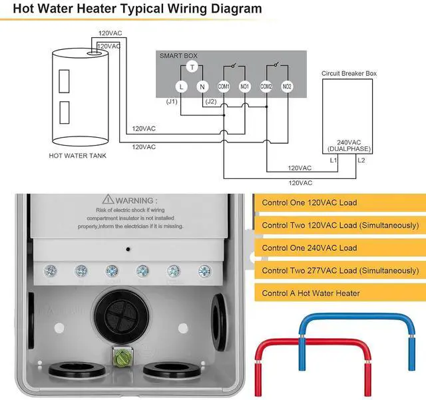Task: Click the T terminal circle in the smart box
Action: (x=192, y=67)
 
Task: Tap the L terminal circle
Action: (x=181, y=87)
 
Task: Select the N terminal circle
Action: (x=202, y=87)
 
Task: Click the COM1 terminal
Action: (x=224, y=87)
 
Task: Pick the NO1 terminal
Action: (x=244, y=87)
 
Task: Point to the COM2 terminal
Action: (x=266, y=87)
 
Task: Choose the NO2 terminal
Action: (x=287, y=87)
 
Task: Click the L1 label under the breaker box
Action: (x=333, y=160)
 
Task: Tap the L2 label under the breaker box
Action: (x=361, y=160)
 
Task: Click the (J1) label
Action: (x=172, y=102)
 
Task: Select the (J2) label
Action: (x=211, y=102)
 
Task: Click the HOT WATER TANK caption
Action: (x=77, y=156)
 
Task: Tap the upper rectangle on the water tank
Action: (x=64, y=81)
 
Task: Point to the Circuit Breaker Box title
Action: (x=349, y=73)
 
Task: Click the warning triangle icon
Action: (x=108, y=199)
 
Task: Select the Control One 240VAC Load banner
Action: (x=340, y=248)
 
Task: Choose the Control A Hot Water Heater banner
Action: (x=340, y=293)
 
